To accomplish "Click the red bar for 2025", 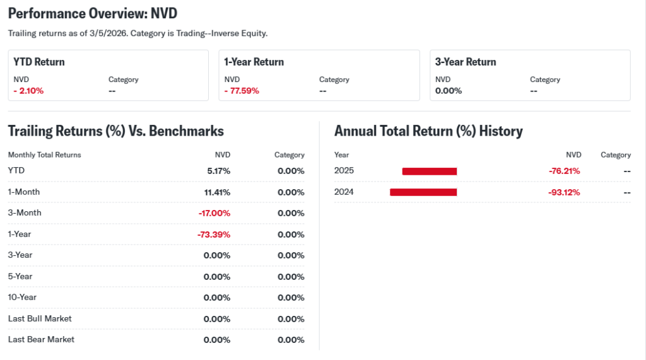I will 429,171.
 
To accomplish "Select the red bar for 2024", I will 423,192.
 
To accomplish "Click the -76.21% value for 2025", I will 564,171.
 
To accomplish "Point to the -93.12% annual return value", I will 564,192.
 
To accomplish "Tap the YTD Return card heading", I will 39,62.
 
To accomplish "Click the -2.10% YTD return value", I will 28,91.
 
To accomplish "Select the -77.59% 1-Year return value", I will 242,91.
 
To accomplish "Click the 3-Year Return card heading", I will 466,62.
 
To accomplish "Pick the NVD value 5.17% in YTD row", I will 218,171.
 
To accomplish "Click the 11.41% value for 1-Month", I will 216,192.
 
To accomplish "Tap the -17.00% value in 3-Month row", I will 214,213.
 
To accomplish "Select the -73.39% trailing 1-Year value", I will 214,235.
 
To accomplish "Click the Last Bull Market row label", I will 40,318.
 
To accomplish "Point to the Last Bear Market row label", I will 41,339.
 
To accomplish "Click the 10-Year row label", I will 22,297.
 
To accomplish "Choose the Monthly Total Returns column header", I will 44,154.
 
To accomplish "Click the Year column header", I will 341,154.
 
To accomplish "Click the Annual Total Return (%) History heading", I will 428,131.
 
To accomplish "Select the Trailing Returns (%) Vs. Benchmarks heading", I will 115,131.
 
